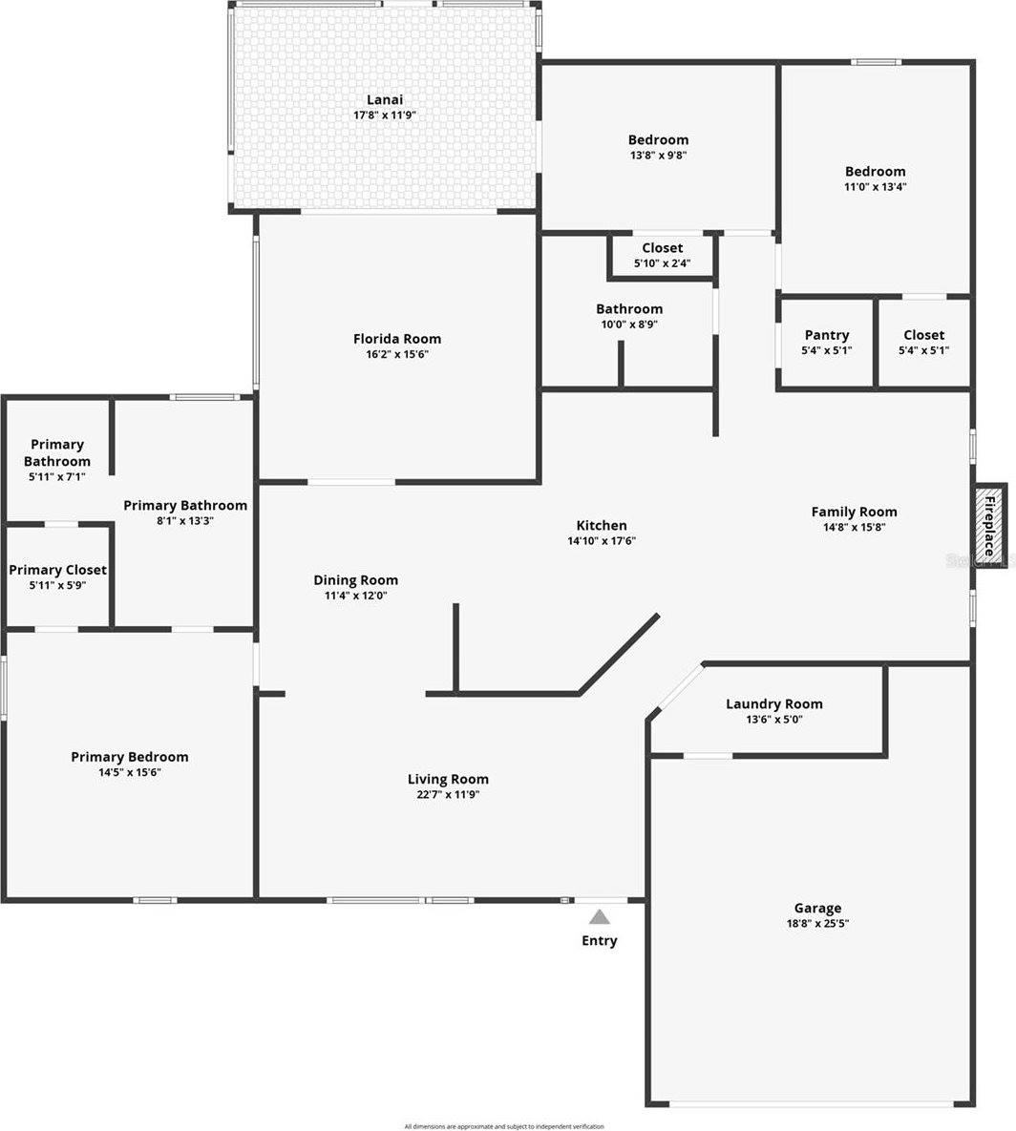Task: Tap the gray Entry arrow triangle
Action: point(599,918)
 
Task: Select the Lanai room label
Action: point(385,99)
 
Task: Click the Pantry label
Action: point(827,335)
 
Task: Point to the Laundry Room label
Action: point(773,704)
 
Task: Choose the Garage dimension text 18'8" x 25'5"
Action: point(818,924)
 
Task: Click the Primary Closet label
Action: point(57,570)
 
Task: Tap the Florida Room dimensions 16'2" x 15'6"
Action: point(397,354)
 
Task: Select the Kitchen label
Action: point(602,525)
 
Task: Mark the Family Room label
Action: point(854,512)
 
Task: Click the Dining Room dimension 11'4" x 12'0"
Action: point(356,596)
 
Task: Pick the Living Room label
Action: point(448,779)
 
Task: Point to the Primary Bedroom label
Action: point(130,757)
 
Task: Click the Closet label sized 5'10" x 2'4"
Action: point(662,248)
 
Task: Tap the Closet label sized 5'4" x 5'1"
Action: point(923,335)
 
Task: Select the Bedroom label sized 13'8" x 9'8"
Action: point(658,139)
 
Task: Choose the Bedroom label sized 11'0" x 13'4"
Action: point(875,172)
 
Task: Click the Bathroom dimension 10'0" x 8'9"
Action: point(629,325)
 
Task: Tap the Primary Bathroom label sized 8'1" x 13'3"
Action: point(185,505)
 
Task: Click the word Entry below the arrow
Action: point(600,941)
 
